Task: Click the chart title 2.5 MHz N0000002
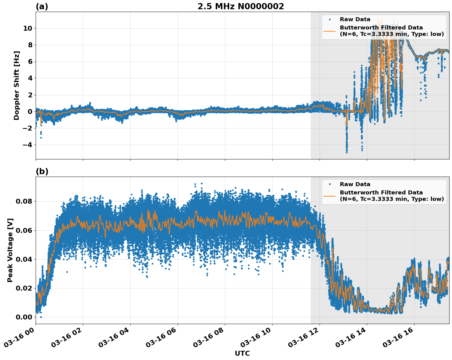[241, 6]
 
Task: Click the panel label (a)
[42, 6]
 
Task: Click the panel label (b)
[42, 171]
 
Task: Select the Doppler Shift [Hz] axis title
[17, 85]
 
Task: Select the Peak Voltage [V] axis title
[10, 250]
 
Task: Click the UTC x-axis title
[242, 353]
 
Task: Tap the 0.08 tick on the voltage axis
[24, 202]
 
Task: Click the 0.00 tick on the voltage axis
[24, 317]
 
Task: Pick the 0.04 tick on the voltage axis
[24, 259]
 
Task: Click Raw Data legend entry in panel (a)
[355, 19]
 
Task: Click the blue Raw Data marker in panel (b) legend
[330, 184]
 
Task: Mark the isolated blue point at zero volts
[41, 317]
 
